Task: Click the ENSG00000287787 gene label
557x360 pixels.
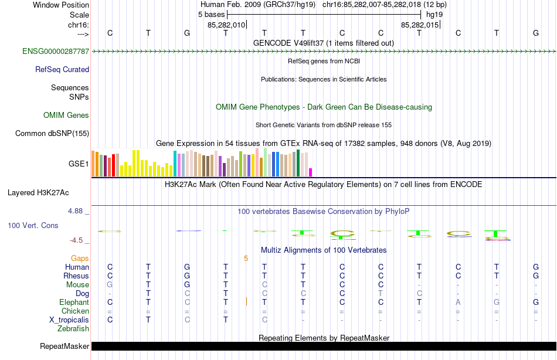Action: click(56, 52)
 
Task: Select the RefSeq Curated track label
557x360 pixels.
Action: click(62, 69)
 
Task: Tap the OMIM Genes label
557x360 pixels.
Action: click(66, 116)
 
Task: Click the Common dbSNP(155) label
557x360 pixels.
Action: click(52, 134)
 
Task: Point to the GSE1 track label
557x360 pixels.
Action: click(79, 164)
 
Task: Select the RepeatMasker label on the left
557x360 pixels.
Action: click(64, 347)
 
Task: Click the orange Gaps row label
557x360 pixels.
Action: click(80, 258)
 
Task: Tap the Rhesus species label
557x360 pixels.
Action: click(76, 276)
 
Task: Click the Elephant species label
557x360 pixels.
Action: click(74, 302)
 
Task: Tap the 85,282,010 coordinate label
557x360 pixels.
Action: click(226, 25)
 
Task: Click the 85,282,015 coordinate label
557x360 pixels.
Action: click(419, 25)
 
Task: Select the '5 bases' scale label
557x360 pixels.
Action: click(208, 14)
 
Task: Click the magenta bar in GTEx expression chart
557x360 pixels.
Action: click(311, 172)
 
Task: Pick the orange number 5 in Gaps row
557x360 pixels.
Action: click(246, 258)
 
